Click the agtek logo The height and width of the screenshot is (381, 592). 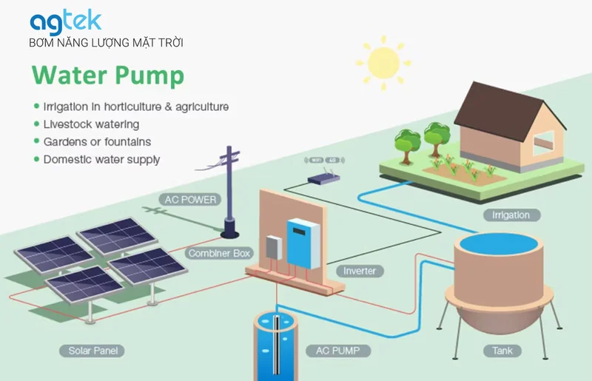pyautogui.click(x=66, y=22)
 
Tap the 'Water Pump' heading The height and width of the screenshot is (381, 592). pyautogui.click(x=108, y=75)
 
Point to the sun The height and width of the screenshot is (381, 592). pyautogui.click(x=383, y=63)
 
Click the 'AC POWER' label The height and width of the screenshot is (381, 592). pyautogui.click(x=190, y=199)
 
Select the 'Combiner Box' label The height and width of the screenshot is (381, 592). pyautogui.click(x=219, y=253)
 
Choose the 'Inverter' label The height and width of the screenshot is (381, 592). pyautogui.click(x=360, y=271)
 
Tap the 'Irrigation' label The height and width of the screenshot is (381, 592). pyautogui.click(x=511, y=215)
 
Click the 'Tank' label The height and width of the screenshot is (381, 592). pyautogui.click(x=502, y=351)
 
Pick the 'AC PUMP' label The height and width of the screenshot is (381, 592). pyautogui.click(x=338, y=351)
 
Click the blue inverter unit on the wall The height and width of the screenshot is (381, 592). pyautogui.click(x=303, y=243)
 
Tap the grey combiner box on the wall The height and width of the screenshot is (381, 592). pyautogui.click(x=274, y=248)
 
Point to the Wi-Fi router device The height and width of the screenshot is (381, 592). pyautogui.click(x=324, y=178)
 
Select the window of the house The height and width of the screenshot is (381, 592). pyautogui.click(x=544, y=143)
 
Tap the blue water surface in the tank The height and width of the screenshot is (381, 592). pyautogui.click(x=498, y=243)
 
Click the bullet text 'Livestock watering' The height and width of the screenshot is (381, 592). pyautogui.click(x=91, y=124)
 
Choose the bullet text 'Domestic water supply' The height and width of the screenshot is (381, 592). pyautogui.click(x=101, y=159)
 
